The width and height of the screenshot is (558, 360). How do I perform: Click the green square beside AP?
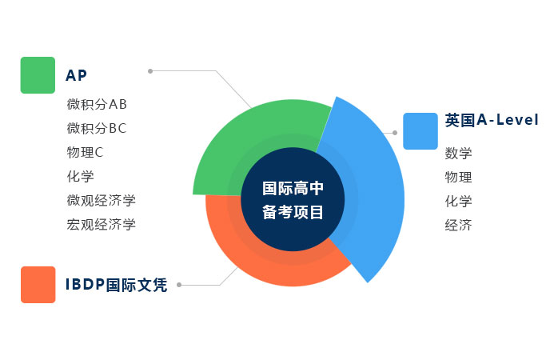pos(38,75)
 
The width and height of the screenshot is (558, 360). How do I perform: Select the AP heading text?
pos(76,76)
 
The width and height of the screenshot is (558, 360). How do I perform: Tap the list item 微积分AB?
pos(97,104)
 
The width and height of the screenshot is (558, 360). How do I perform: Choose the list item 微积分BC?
pos(97,128)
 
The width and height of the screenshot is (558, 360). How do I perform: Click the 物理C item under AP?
pos(86,152)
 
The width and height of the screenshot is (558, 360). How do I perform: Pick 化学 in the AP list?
pos(81,176)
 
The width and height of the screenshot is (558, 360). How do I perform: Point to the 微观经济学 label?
pos(102,200)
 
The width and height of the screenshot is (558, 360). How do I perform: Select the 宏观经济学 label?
pos(102,224)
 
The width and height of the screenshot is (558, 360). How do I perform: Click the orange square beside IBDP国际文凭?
pos(38,285)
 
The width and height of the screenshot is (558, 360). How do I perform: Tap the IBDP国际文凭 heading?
pos(117,285)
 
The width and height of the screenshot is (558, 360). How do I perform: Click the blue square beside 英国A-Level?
pos(420,131)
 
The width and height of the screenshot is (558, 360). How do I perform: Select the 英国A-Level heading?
pos(492,121)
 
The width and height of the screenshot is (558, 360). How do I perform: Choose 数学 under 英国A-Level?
pos(459,154)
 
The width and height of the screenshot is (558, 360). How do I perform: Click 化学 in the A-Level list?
pos(459,202)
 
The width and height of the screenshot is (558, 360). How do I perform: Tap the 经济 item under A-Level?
pos(459,226)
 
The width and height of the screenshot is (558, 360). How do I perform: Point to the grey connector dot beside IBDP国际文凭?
pos(179,285)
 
